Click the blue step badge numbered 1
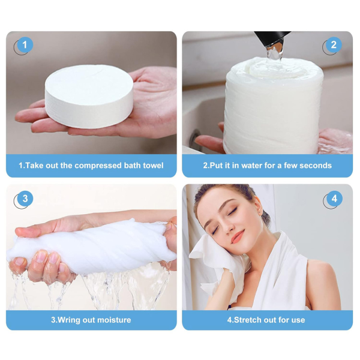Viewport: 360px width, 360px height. [x=25, y=44]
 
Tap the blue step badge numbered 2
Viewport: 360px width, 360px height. [x=334, y=44]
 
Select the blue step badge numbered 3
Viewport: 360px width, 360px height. [x=25, y=199]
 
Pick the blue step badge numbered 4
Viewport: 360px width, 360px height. [x=334, y=199]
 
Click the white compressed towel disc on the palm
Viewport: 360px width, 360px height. [x=89, y=96]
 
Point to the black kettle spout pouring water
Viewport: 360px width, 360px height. [x=272, y=39]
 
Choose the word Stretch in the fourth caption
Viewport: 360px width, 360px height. [x=248, y=320]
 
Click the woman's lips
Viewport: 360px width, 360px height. [x=238, y=237]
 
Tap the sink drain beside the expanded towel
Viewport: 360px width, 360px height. [x=194, y=139]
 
